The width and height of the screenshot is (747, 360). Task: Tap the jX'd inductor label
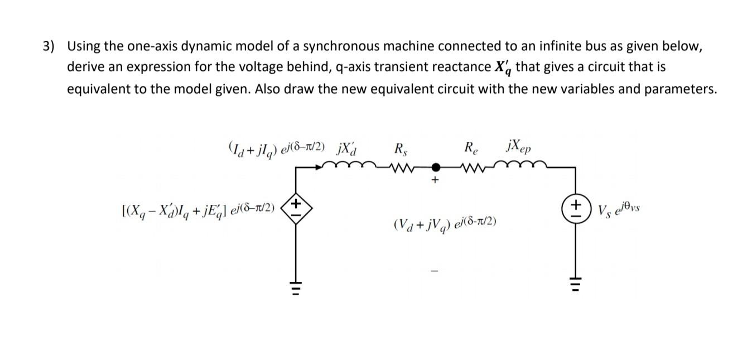pyautogui.click(x=348, y=148)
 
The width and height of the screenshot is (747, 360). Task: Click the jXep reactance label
pyautogui.click(x=518, y=149)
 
